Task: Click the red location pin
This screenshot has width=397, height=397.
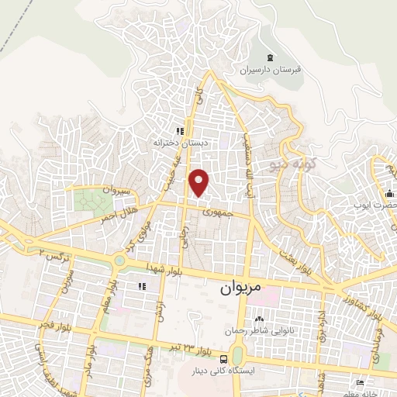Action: [200, 181]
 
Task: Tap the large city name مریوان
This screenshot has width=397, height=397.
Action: [236, 286]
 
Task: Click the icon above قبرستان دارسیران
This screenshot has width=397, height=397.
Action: [271, 57]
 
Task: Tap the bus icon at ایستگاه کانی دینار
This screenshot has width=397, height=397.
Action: [223, 359]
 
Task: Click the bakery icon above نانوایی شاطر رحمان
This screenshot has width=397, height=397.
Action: [258, 318]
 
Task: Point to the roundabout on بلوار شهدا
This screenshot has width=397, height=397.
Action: [121, 261]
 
